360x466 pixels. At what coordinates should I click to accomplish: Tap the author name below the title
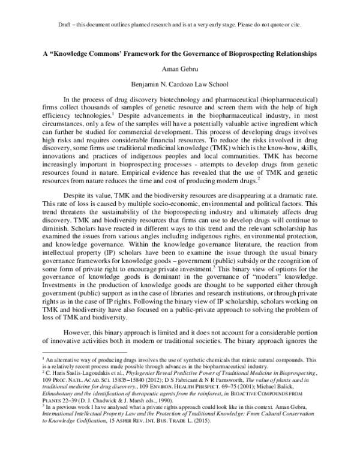179,70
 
